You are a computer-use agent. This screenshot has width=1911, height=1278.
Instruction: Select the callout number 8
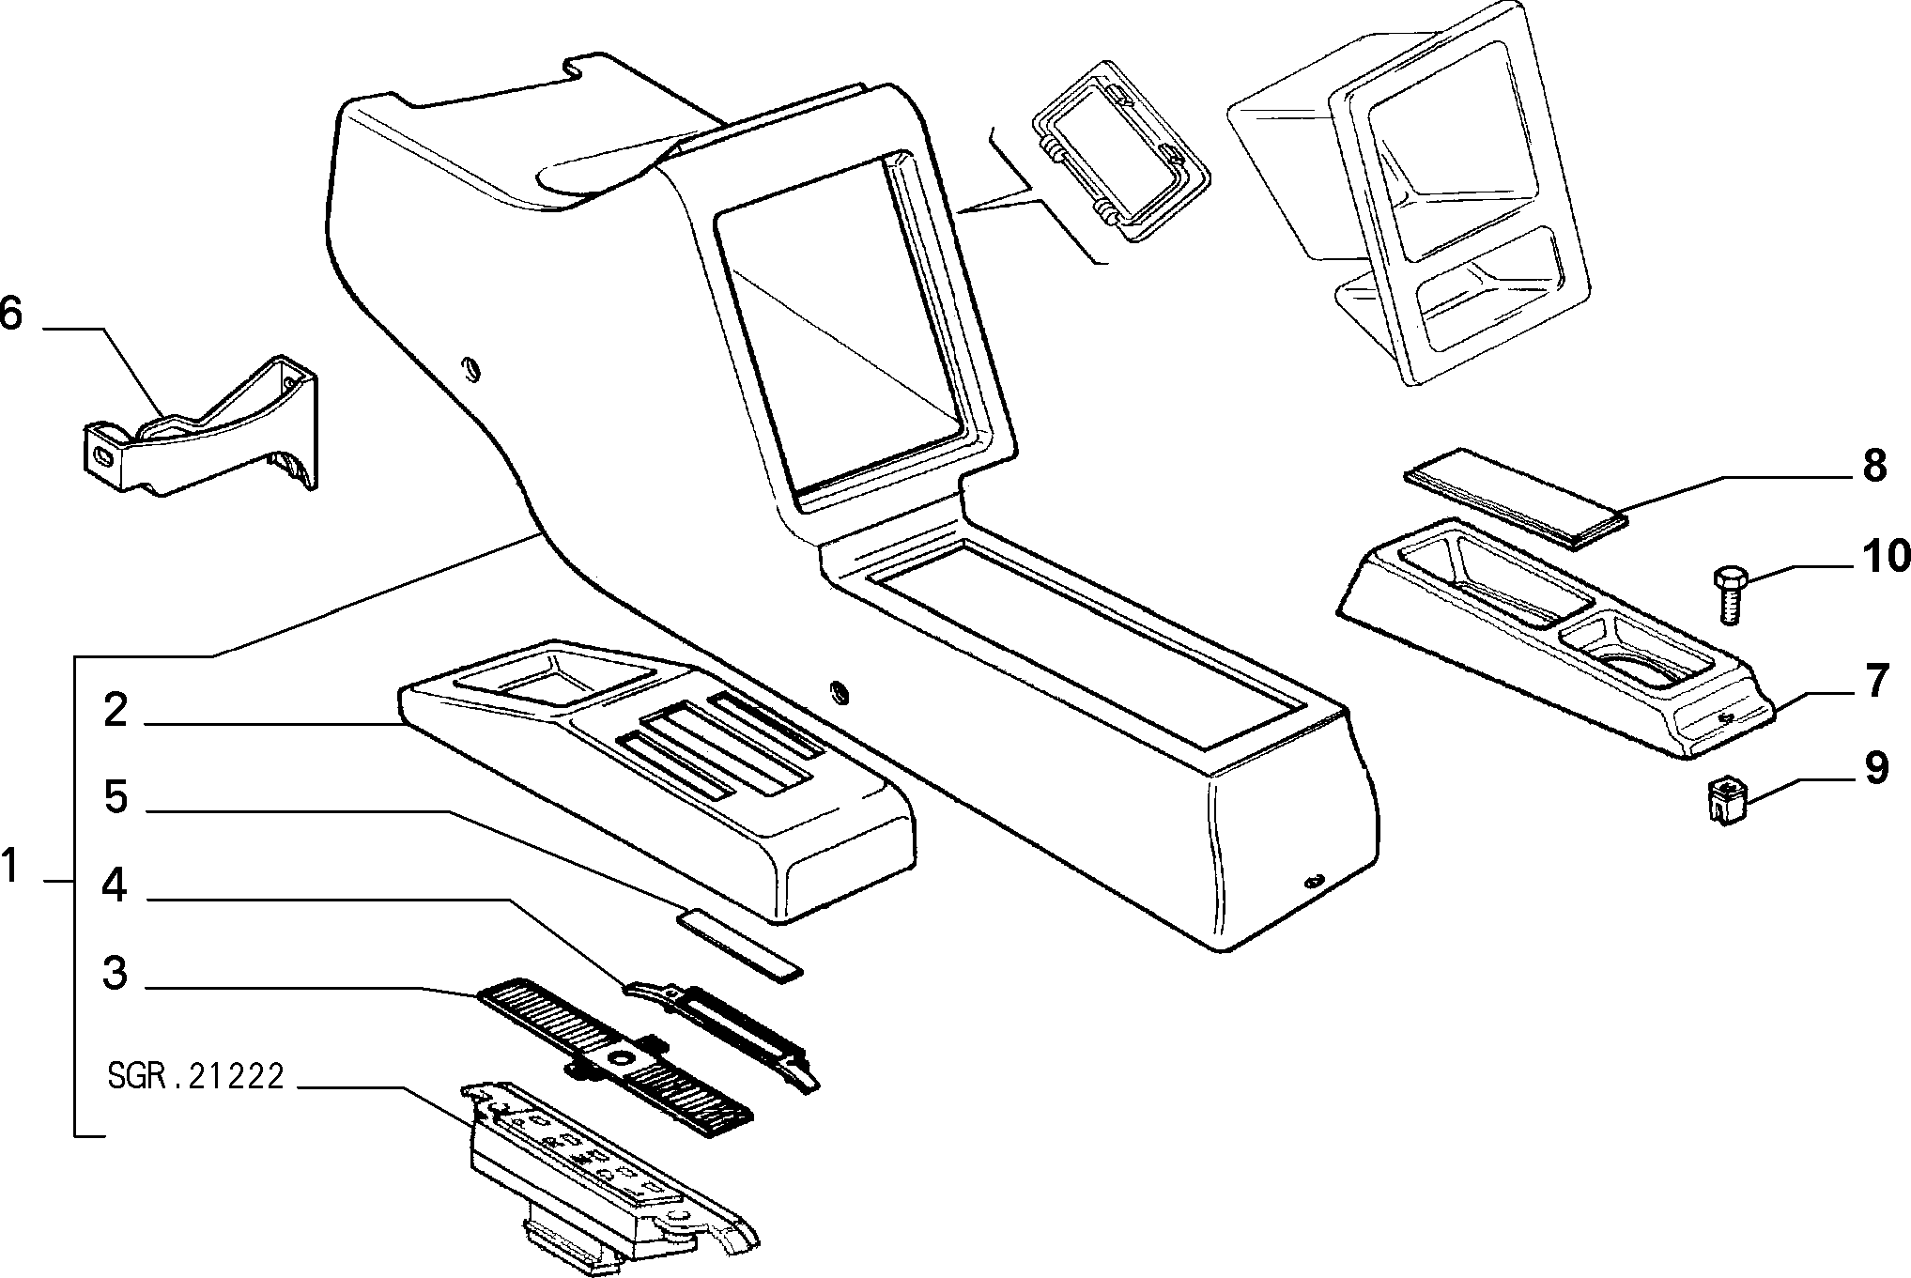[1873, 466]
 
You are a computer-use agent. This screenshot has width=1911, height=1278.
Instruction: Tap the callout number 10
[1884, 556]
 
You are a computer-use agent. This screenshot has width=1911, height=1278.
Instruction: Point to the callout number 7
[1875, 682]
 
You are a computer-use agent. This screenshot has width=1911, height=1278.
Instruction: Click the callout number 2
[116, 710]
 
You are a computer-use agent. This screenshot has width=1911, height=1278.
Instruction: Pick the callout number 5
[116, 797]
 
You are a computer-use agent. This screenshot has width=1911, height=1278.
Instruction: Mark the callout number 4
[115, 885]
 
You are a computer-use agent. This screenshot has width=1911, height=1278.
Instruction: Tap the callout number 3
[116, 973]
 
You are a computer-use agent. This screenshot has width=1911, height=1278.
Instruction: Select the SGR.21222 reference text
[195, 1077]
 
